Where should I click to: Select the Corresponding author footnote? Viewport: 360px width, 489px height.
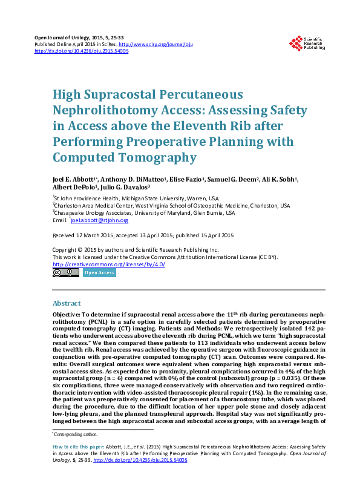click(76, 435)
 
